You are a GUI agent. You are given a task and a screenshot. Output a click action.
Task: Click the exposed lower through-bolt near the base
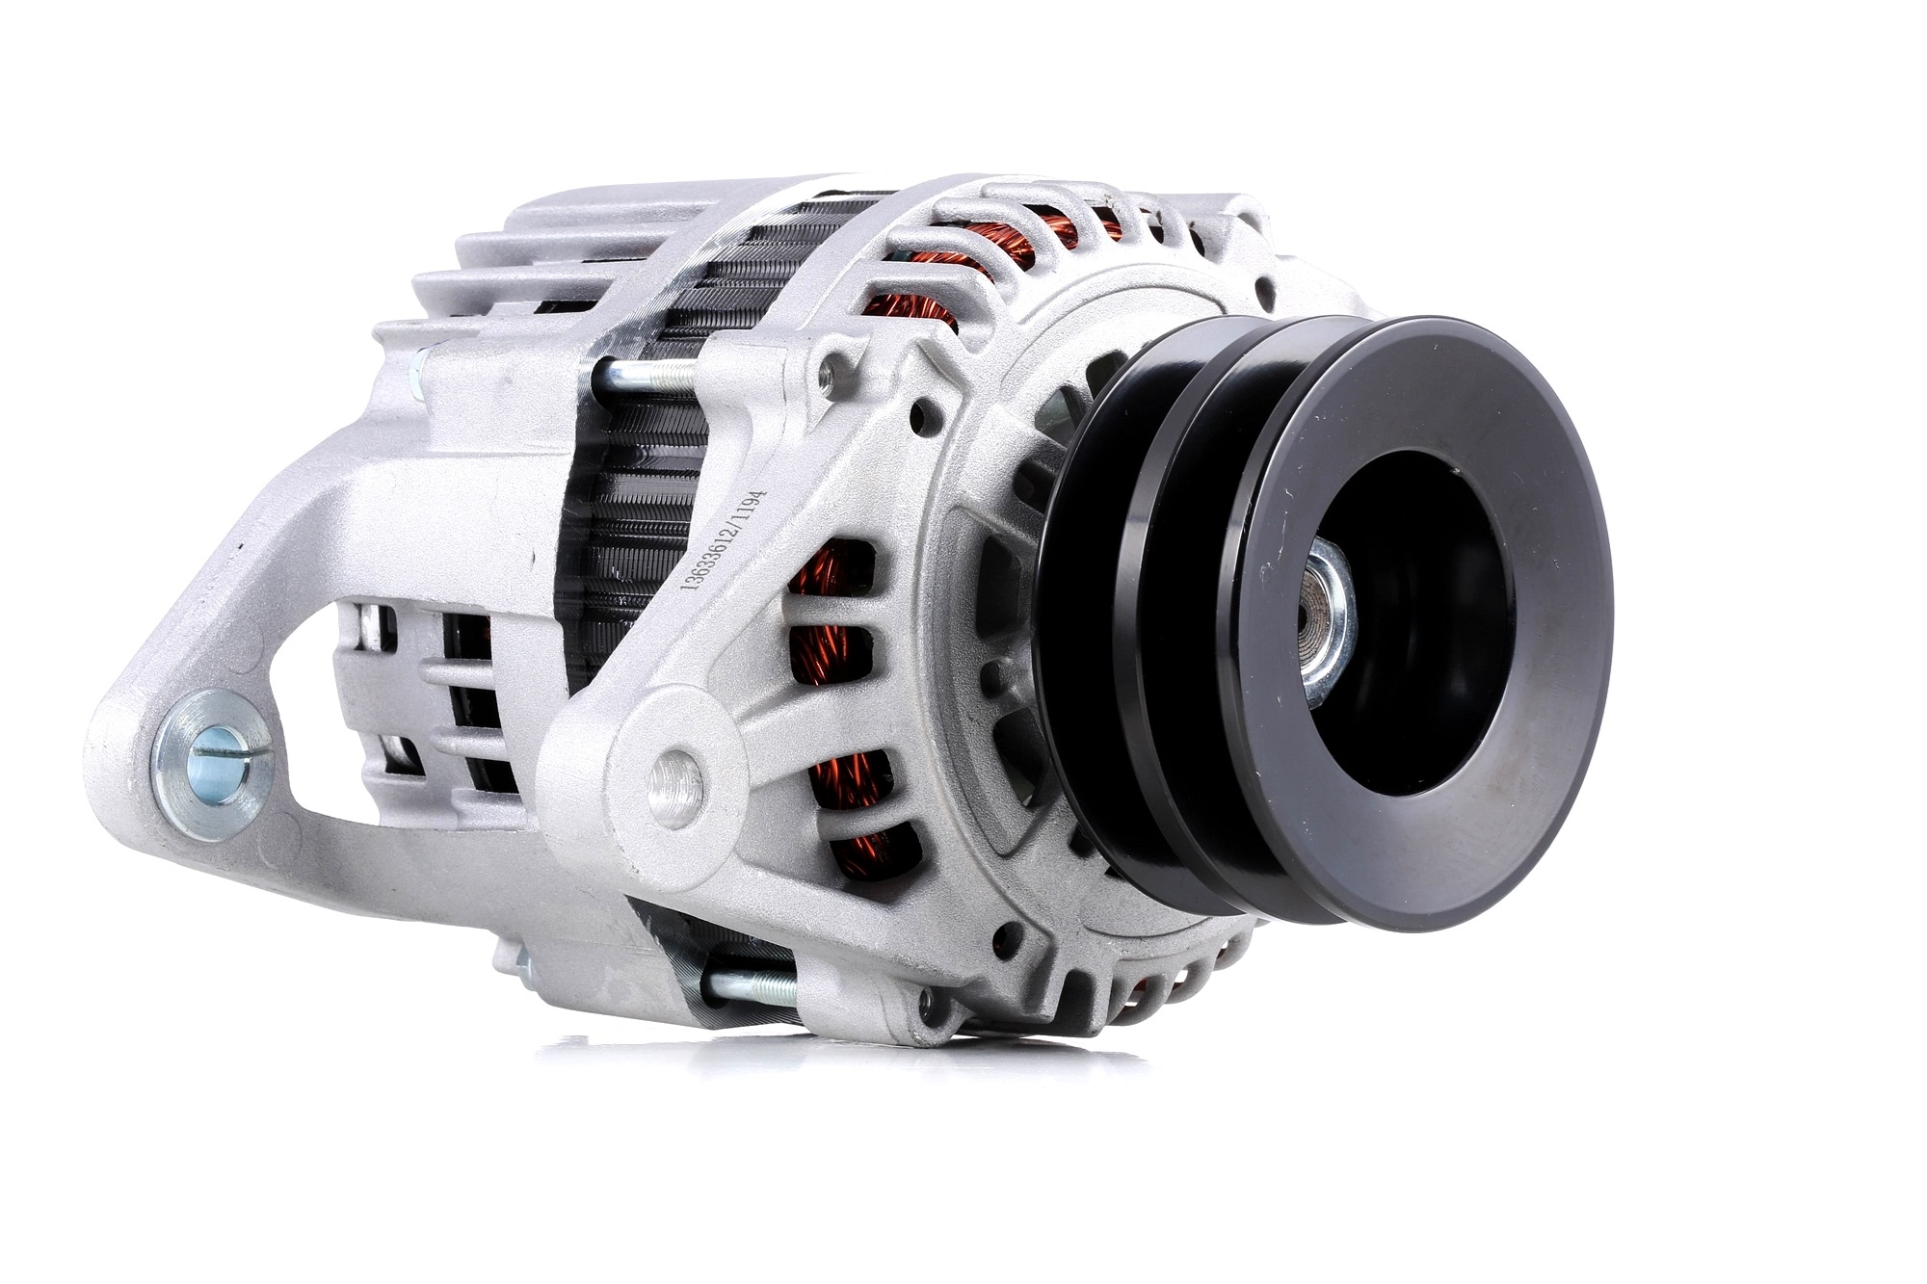752,986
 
